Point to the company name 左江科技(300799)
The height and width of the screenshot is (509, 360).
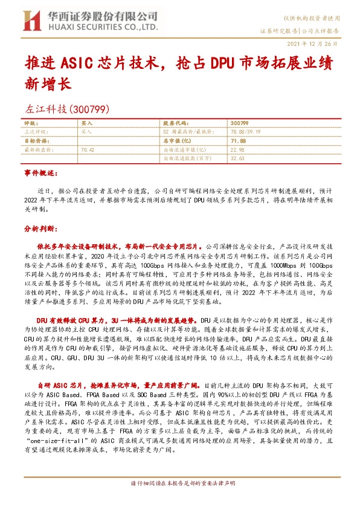click(x=66, y=110)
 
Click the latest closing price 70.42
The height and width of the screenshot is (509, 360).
click(x=88, y=149)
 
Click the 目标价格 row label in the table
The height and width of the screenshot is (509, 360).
click(x=36, y=140)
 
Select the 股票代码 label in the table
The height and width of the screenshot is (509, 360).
click(x=176, y=123)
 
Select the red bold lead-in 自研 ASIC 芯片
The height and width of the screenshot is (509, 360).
click(x=62, y=385)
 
